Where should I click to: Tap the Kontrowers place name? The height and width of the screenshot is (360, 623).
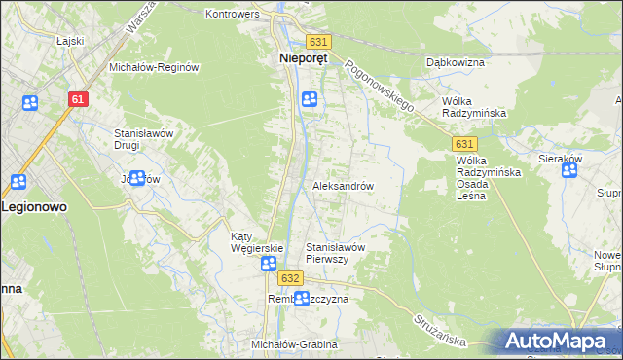click(x=232, y=14)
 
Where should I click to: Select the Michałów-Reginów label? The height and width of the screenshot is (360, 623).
click(x=154, y=67)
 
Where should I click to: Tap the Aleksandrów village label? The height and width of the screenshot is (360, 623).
click(x=343, y=185)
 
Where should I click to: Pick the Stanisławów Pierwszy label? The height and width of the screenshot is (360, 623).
click(x=335, y=253)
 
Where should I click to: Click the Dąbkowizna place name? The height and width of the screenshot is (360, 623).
click(x=456, y=62)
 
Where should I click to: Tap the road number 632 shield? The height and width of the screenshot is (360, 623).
click(x=288, y=278)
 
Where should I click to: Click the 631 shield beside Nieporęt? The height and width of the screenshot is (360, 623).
click(x=317, y=42)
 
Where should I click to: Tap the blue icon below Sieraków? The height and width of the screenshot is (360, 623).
click(x=569, y=171)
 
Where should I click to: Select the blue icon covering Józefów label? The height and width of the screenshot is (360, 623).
click(x=137, y=178)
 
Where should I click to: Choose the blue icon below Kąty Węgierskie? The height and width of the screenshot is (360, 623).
click(x=268, y=264)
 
